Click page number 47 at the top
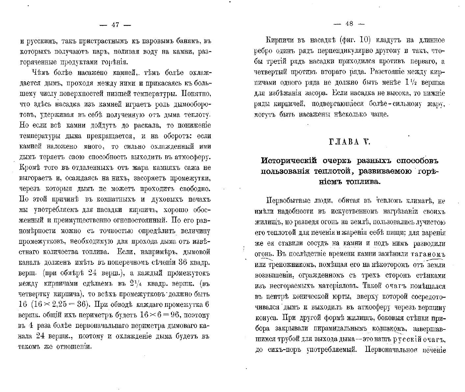pos(115,24)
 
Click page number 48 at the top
pos(349,24)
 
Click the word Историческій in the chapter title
pos(289,161)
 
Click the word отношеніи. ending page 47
pos(75,347)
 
